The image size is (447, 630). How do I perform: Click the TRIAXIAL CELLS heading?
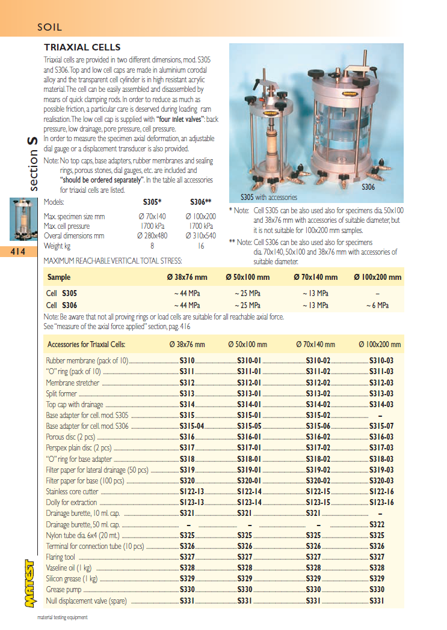coord(82,47)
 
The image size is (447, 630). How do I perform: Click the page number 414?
coord(18,252)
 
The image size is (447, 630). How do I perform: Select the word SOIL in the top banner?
coord(50,27)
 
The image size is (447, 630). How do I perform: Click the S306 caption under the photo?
coord(368,187)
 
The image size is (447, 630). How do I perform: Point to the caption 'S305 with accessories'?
coord(268,197)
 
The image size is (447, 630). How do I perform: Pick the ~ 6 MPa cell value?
coord(377,305)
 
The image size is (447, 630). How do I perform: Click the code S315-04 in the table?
coord(193,426)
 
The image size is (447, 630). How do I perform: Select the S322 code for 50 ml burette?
coord(377,524)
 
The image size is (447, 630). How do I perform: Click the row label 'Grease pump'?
coord(64,590)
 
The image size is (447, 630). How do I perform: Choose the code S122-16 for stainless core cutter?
coord(381,491)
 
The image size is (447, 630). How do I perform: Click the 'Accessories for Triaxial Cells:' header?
coord(86,345)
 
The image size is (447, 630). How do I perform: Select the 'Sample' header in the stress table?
coord(58,277)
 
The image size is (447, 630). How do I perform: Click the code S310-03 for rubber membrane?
coord(381,361)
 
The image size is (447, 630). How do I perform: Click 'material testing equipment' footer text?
coord(62,617)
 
